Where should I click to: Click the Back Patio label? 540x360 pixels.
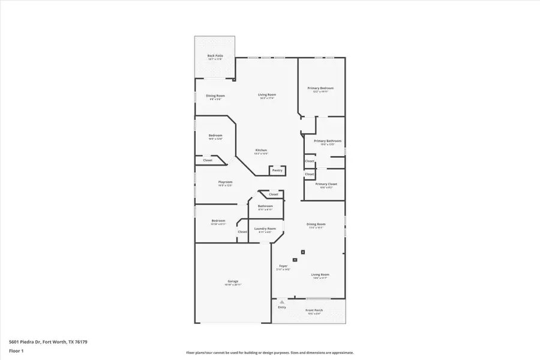215,55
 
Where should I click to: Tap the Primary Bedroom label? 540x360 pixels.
320,88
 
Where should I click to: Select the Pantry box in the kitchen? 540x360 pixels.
277,170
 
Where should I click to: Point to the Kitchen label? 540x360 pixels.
261,150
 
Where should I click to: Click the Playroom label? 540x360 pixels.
225,182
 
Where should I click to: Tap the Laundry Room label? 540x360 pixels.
265,229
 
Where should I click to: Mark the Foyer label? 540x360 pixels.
283,266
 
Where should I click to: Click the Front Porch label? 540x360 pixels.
314,310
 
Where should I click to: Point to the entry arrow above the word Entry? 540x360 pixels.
282,302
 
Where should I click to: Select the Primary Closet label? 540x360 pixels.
326,184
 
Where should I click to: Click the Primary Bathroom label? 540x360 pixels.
323,140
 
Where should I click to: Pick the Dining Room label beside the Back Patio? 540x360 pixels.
215,96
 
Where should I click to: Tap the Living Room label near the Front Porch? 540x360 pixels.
320,275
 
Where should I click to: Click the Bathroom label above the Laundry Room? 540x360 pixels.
265,206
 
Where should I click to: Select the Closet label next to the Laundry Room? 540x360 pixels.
242,232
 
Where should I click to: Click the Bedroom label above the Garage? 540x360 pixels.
218,221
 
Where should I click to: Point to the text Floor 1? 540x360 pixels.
16,350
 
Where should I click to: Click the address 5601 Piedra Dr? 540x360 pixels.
24,340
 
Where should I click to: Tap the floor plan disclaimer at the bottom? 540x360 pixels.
270,353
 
